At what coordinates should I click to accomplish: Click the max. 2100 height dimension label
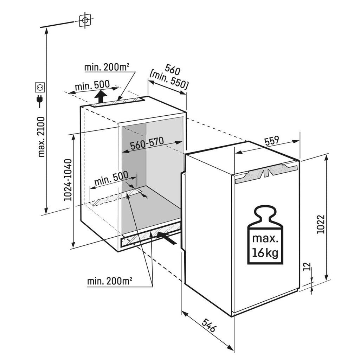[x=41, y=137]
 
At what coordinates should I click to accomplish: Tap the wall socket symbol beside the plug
[x=39, y=87]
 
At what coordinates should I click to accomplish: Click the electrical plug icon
[x=40, y=101]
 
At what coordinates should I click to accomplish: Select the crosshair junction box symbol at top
[x=85, y=20]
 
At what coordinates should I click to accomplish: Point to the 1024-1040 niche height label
[x=68, y=180]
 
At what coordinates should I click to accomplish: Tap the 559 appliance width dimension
[x=272, y=141]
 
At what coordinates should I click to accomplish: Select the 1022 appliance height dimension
[x=321, y=224]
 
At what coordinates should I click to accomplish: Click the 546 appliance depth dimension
[x=209, y=325]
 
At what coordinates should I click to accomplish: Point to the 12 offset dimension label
[x=308, y=266]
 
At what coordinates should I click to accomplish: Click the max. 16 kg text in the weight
[x=265, y=245]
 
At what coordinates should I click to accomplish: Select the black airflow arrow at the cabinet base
[x=167, y=238]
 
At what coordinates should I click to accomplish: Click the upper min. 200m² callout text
[x=107, y=67]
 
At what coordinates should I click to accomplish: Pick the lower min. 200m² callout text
[x=110, y=281]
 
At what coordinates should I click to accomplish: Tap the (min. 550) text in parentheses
[x=168, y=81]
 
